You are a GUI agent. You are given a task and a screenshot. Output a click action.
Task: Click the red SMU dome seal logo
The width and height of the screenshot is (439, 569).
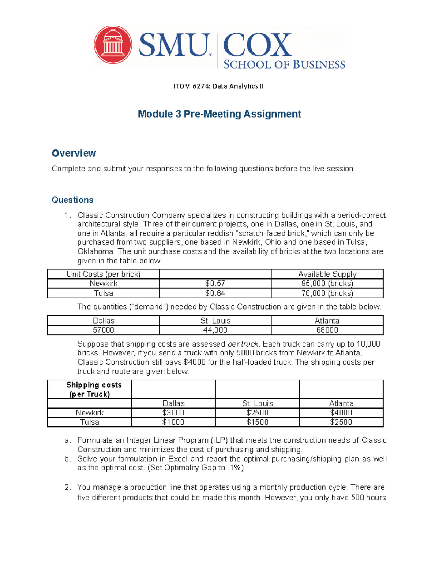point(113,45)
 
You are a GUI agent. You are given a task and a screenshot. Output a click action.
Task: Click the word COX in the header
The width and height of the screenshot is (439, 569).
point(257,45)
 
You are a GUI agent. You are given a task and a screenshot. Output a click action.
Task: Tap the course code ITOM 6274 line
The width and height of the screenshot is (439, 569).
point(218,86)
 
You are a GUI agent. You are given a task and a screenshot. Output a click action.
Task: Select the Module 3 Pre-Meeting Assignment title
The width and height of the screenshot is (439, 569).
point(219,114)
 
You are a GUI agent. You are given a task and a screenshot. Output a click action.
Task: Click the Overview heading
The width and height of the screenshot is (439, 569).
point(74,153)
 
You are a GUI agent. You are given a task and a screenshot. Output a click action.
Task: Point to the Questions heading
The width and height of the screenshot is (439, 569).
point(72,200)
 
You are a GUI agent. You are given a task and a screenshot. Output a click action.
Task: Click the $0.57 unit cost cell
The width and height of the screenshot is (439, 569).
point(215,284)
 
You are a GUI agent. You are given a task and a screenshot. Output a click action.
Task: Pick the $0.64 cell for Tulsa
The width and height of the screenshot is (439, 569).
point(215,293)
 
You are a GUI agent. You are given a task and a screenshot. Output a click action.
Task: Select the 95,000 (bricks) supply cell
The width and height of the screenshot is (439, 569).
point(327,284)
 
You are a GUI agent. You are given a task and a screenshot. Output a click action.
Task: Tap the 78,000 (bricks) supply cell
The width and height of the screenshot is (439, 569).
point(327,293)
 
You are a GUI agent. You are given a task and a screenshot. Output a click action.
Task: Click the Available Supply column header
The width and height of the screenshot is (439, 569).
point(327,274)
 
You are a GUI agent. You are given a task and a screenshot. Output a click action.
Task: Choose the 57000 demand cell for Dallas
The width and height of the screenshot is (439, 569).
point(104,330)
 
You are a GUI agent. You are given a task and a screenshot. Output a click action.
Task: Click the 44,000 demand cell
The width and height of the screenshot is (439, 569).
point(215,330)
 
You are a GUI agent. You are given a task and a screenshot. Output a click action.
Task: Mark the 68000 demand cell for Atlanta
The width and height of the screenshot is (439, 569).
point(327,330)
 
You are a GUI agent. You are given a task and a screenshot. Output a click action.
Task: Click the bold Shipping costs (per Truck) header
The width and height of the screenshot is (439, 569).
point(90,389)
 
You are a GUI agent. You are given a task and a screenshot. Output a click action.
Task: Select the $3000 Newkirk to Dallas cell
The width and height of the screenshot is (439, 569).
point(173,413)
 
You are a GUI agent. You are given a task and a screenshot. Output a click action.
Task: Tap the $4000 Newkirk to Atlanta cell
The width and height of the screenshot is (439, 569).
point(341,413)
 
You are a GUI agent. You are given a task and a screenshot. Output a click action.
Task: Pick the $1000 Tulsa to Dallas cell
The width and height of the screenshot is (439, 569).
point(173,422)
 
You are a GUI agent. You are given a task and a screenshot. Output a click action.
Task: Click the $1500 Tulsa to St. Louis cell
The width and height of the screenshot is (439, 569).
point(257,422)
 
